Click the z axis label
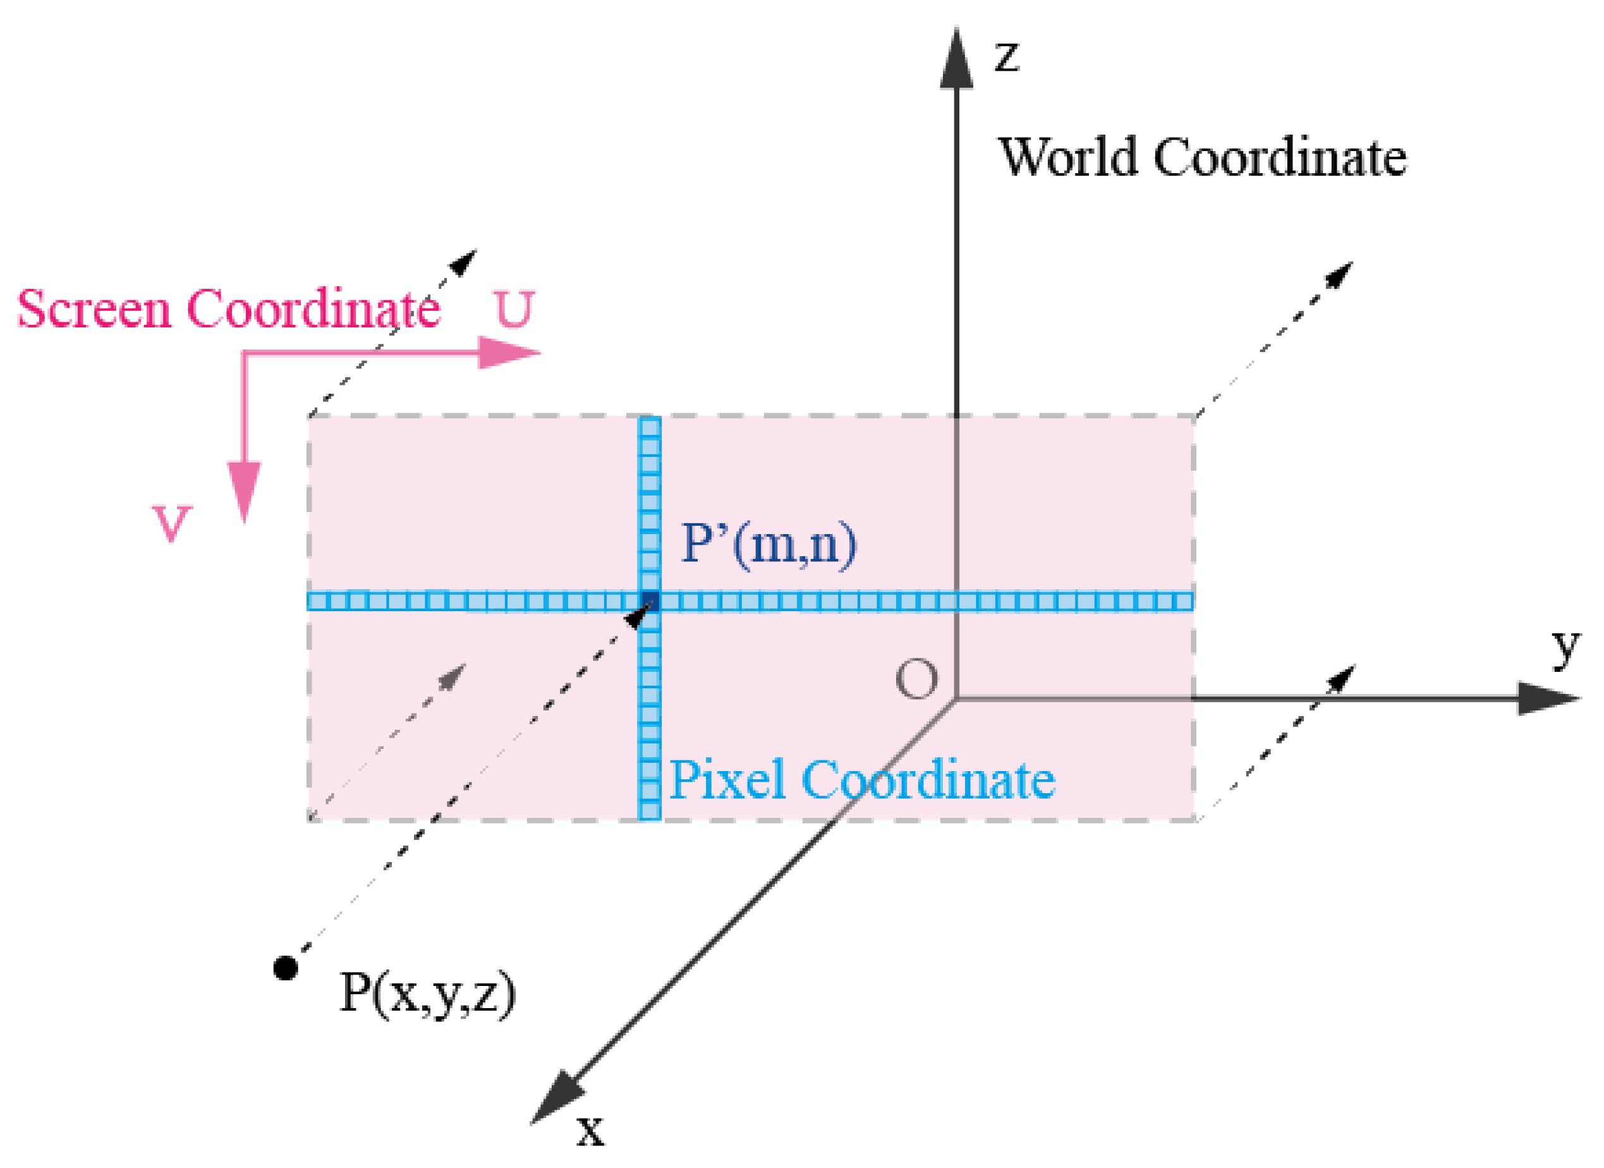pyautogui.click(x=1006, y=57)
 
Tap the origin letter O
pyautogui.click(x=916, y=680)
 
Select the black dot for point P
pyautogui.click(x=285, y=968)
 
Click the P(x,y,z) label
pyautogui.click(x=427, y=994)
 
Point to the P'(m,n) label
pyautogui.click(x=768, y=545)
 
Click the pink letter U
pyautogui.click(x=514, y=309)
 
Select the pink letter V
pyautogui.click(x=172, y=523)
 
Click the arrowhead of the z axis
pyautogui.click(x=956, y=60)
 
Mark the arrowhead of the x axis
pyautogui.click(x=557, y=1097)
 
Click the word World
pyautogui.click(x=1067, y=157)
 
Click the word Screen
pyautogui.click(x=94, y=309)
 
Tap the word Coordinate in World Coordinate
pyautogui.click(x=1280, y=157)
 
